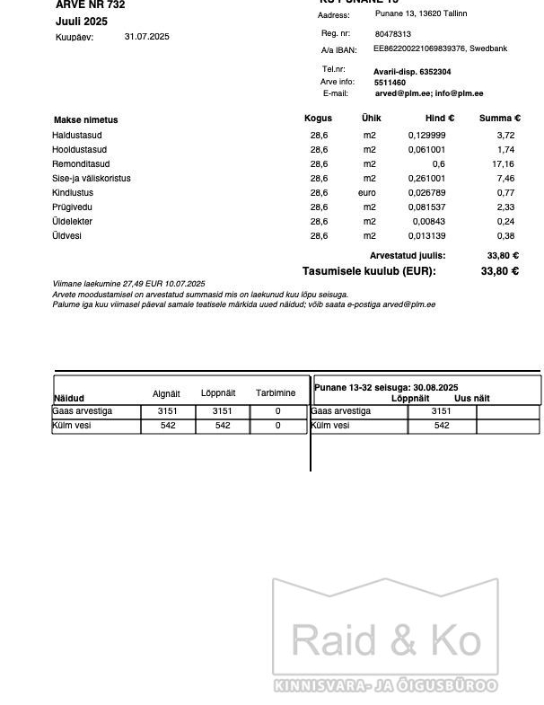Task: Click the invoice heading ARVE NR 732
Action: click(x=91, y=5)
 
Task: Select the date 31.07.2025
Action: click(x=146, y=37)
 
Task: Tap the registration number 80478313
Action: click(x=393, y=34)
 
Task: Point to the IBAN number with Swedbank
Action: click(x=440, y=48)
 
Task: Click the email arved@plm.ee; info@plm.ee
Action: click(x=429, y=93)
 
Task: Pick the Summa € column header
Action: click(x=499, y=119)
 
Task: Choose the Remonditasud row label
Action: click(x=81, y=164)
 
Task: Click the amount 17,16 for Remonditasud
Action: click(x=504, y=164)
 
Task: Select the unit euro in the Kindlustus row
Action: click(x=367, y=193)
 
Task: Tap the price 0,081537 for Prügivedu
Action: click(x=426, y=207)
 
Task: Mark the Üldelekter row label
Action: click(x=72, y=222)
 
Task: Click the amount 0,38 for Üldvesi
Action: click(x=505, y=236)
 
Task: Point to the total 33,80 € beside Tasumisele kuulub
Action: click(x=500, y=271)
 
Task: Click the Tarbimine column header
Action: click(x=276, y=393)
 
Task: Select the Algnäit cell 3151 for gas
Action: click(x=168, y=411)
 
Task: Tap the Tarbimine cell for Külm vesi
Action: click(x=278, y=426)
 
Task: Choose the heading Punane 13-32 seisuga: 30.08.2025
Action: click(x=386, y=388)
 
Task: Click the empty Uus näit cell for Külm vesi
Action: click(x=507, y=426)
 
